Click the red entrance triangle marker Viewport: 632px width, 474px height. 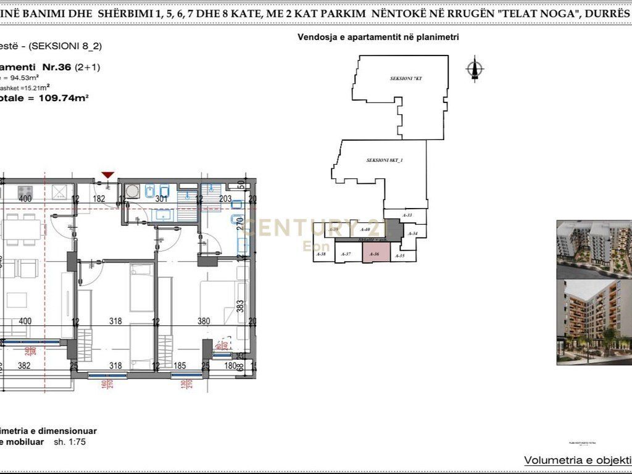coord(108,175)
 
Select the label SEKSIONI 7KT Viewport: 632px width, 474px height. coord(405,79)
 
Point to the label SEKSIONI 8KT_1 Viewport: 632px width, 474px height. coord(384,160)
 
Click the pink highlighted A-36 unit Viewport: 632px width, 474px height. coord(375,254)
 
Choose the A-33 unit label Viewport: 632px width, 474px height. coord(407,215)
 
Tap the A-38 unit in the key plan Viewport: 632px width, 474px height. coord(321,254)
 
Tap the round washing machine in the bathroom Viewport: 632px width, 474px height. coord(133,191)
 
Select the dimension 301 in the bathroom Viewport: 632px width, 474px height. coord(161,199)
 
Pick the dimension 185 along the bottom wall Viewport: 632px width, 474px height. coord(180,366)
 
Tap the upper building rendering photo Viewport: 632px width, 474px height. coord(594,249)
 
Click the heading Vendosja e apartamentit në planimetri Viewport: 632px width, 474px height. coord(378,37)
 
